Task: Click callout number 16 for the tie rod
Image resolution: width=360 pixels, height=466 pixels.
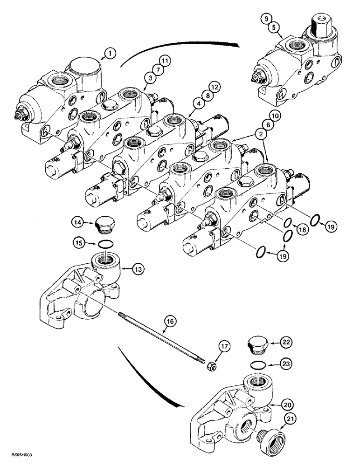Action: click(x=170, y=321)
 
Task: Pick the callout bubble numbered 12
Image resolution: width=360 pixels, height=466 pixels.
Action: click(x=213, y=87)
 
